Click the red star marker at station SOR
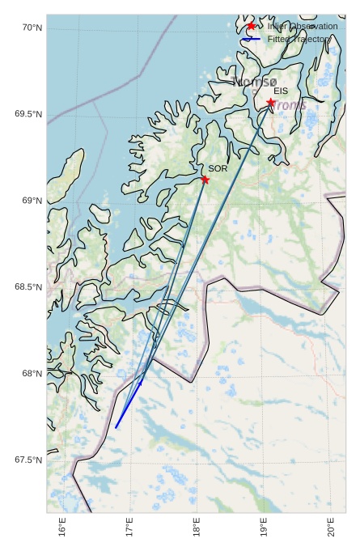(205, 180)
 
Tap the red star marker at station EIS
(270, 103)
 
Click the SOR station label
(218, 168)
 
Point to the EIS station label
(281, 91)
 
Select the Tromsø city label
(255, 82)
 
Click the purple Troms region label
(288, 105)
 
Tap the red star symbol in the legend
(251, 27)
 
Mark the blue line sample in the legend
(251, 39)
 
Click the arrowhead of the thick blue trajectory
(141, 383)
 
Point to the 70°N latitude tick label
(32, 28)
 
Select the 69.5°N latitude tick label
(28, 114)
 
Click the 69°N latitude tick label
(32, 201)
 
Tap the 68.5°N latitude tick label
(28, 287)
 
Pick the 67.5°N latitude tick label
(28, 460)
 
